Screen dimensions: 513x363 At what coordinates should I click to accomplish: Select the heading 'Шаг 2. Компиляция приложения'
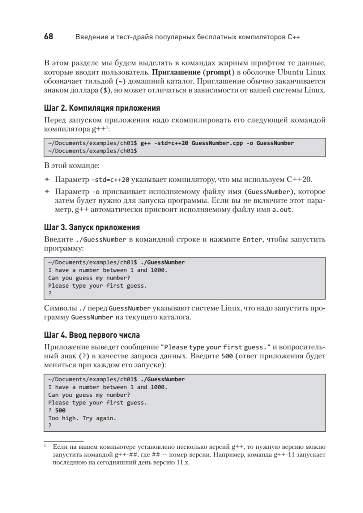point(102,108)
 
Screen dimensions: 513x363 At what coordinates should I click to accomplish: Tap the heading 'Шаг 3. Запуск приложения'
point(92,227)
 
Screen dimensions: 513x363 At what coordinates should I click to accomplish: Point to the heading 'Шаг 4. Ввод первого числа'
point(92,334)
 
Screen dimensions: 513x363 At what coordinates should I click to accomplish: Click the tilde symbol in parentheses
point(121,81)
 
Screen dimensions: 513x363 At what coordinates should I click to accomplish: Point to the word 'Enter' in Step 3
point(252,240)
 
